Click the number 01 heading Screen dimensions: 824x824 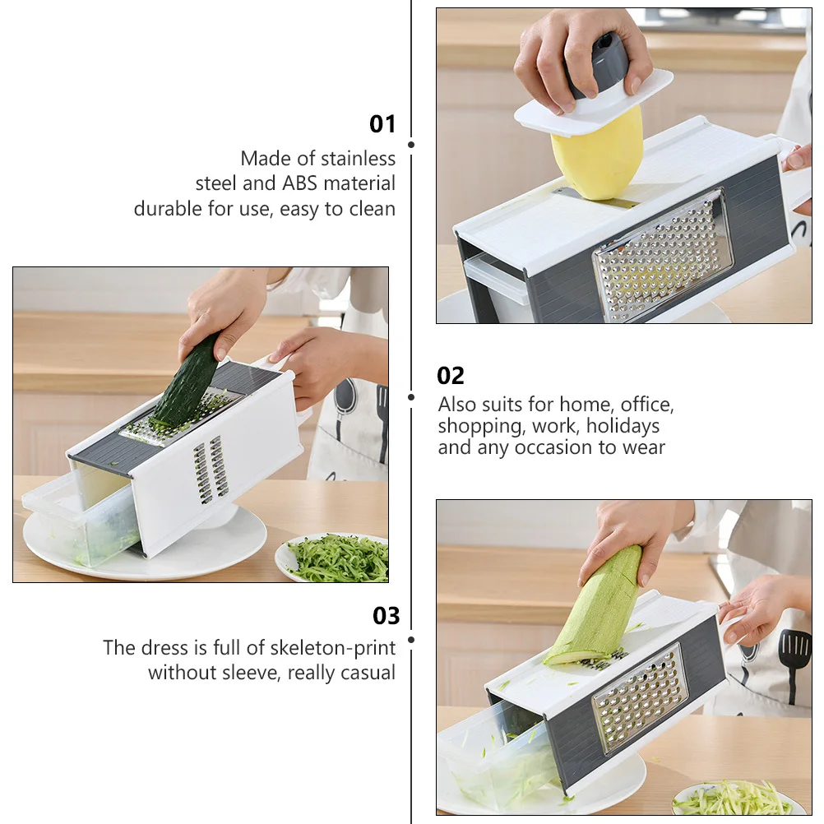(382, 124)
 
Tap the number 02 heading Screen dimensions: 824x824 (451, 376)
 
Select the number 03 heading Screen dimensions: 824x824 (386, 616)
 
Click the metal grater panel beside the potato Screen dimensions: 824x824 (663, 254)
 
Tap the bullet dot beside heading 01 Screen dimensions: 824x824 (411, 145)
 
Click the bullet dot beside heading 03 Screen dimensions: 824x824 (411, 638)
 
